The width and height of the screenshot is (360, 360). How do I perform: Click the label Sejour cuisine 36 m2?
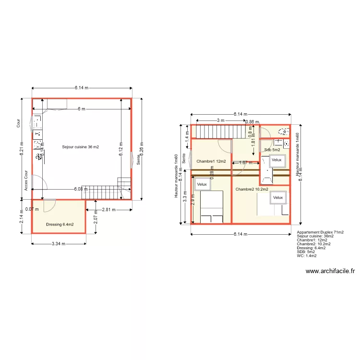coord(81,147)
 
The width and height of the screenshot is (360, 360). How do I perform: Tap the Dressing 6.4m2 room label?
coord(60,224)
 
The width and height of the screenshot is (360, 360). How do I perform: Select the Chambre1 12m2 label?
coord(211,161)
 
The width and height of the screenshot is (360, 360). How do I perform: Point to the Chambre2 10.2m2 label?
coord(252,189)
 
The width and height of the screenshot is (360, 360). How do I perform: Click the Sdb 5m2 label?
coord(272,150)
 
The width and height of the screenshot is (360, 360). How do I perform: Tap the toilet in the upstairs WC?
coord(284,131)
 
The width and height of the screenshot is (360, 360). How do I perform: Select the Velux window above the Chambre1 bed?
coord(202,183)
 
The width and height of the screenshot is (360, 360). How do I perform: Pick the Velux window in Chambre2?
coord(278,197)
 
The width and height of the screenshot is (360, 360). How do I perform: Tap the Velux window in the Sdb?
coord(277,160)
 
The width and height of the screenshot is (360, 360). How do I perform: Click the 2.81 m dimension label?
coord(109,209)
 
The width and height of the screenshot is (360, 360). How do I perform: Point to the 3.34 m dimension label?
coord(58,243)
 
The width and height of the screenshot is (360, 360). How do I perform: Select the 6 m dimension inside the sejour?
coord(82,109)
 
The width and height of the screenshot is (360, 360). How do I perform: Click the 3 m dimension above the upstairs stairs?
coord(220,120)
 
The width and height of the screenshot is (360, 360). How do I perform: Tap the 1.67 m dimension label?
coord(246,163)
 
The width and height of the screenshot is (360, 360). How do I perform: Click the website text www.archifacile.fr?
coord(330,271)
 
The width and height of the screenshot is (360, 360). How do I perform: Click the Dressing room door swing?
coord(49,206)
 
